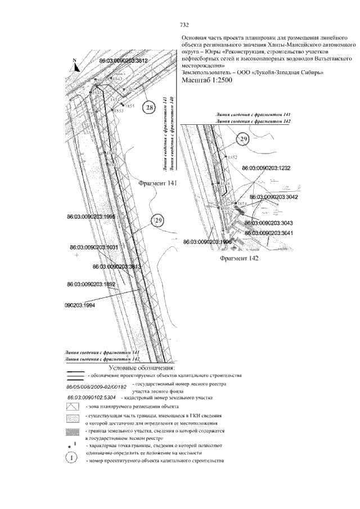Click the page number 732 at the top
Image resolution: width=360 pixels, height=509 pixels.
(183, 25)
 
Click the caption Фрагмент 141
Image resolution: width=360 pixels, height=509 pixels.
(157, 183)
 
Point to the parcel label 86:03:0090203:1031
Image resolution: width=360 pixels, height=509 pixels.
(94, 247)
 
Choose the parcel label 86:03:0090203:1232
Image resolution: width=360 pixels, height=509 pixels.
(265, 168)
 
